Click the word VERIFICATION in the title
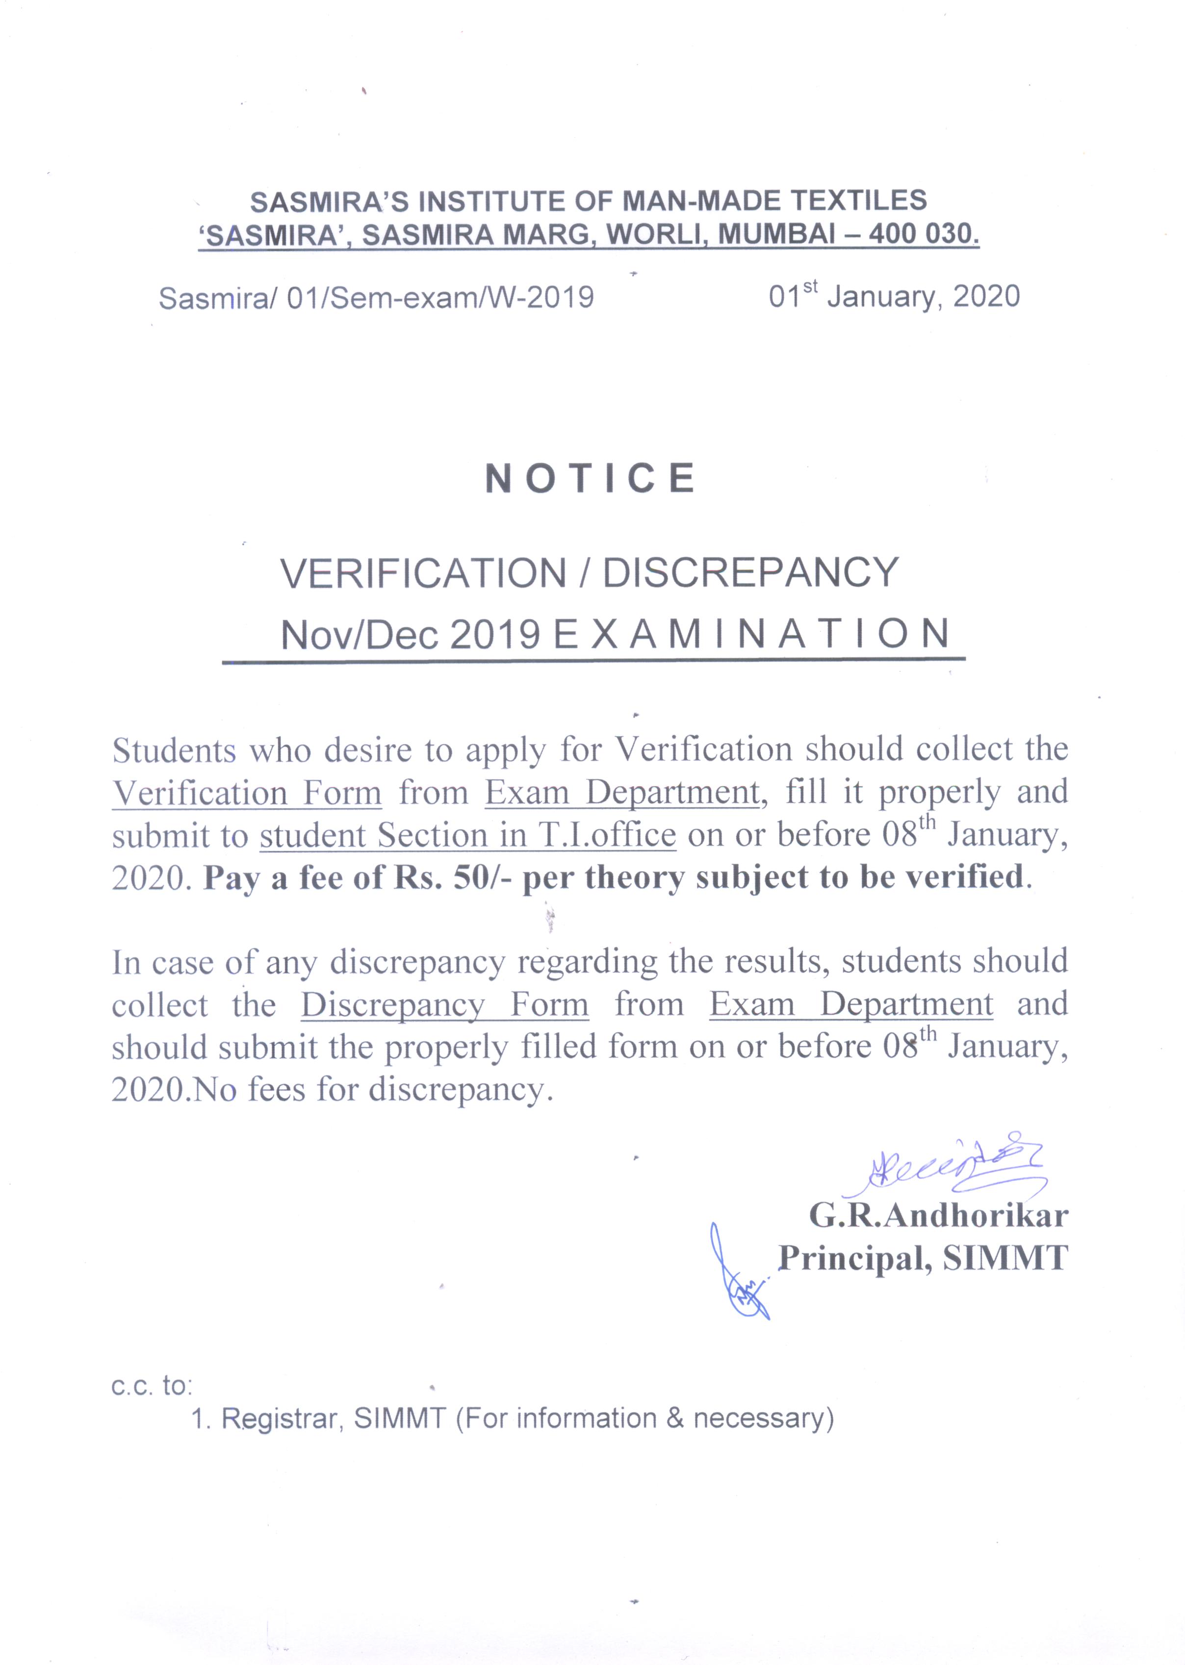pyautogui.click(x=424, y=573)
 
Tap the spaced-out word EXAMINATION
pyautogui.click(x=751, y=634)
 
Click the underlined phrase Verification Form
pyautogui.click(x=247, y=793)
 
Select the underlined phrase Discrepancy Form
pyautogui.click(x=444, y=1005)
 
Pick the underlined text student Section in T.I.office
pyautogui.click(x=468, y=835)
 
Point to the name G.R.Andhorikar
pyautogui.click(x=938, y=1215)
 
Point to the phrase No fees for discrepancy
pyautogui.click(x=368, y=1089)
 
